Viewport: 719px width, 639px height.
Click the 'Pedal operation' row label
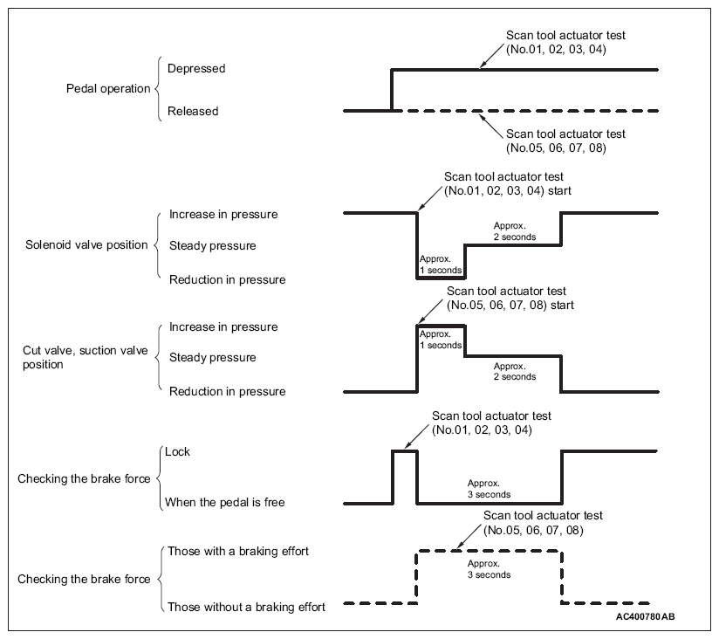108,89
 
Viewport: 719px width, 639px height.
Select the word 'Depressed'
196,67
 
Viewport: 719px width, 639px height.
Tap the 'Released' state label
193,112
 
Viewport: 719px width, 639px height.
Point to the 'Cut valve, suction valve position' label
84,357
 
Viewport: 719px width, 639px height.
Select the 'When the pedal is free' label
226,502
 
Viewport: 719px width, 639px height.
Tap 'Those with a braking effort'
237,551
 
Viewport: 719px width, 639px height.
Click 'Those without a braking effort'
247,607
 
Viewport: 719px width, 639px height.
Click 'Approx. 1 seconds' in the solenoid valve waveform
441,265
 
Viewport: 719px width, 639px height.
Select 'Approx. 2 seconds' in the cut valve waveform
515,371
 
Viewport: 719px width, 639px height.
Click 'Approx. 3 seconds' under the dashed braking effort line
489,569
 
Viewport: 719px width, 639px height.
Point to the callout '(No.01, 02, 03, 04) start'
508,189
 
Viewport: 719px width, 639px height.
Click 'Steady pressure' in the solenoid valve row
213,246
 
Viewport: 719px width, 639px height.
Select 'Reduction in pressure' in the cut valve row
228,392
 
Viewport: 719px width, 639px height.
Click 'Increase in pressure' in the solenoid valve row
223,215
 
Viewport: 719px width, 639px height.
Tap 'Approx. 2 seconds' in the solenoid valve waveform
515,231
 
